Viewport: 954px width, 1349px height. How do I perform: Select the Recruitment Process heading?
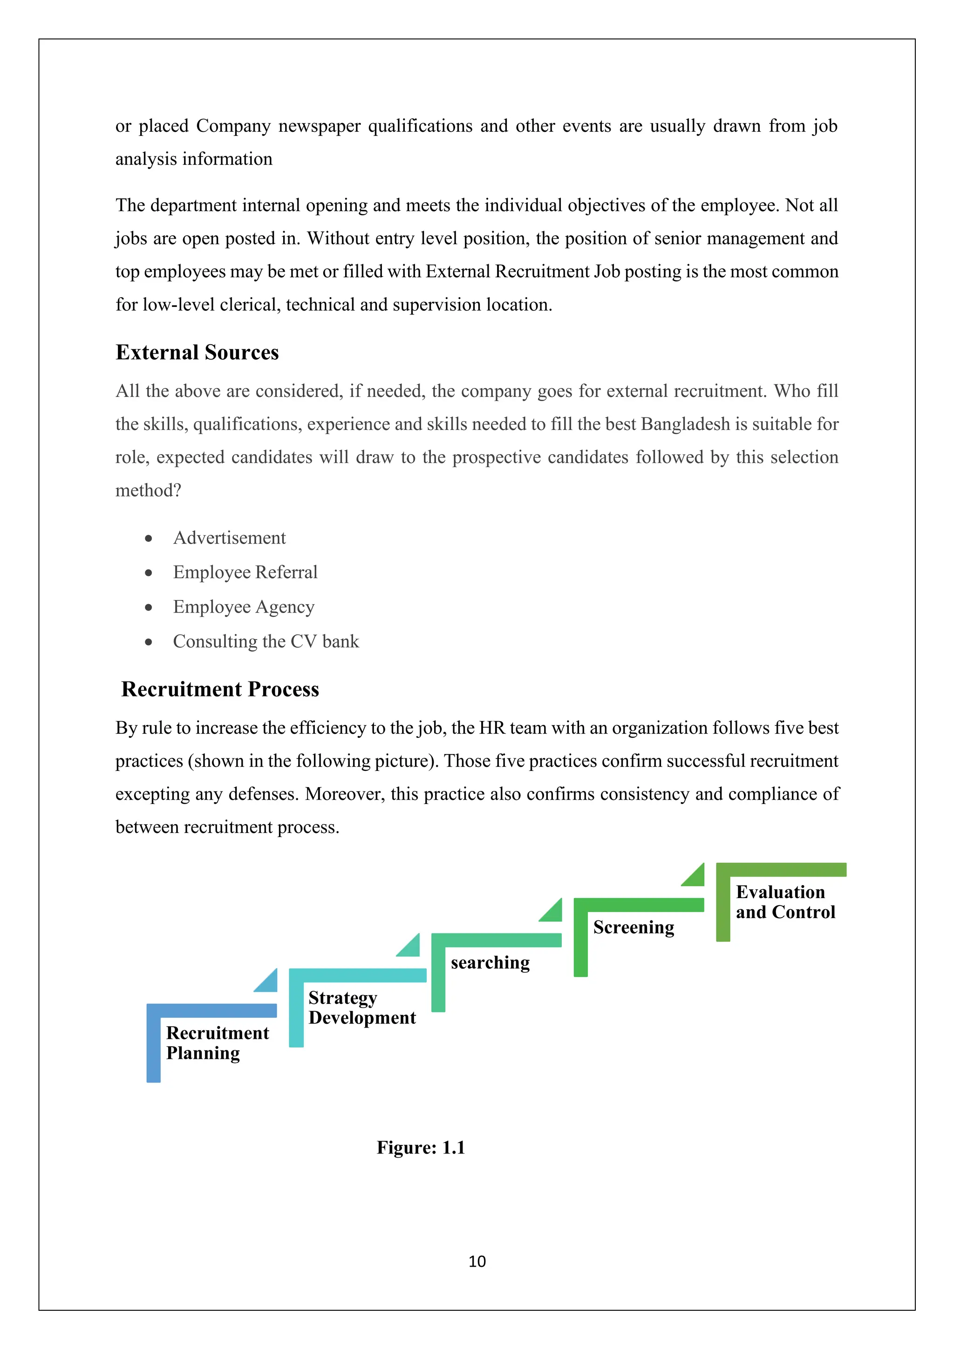220,689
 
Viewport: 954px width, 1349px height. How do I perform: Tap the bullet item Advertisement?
229,538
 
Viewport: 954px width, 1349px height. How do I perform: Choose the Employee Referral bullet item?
245,572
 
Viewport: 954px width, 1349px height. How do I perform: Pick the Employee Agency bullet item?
243,607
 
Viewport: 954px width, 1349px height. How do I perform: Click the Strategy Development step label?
361,1008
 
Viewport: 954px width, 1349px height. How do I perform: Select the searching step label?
490,962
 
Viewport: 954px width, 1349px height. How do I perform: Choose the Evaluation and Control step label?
785,902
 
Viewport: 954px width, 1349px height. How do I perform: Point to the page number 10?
477,1261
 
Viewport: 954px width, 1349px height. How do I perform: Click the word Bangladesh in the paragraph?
685,424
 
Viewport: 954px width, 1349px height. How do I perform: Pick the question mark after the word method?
177,491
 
